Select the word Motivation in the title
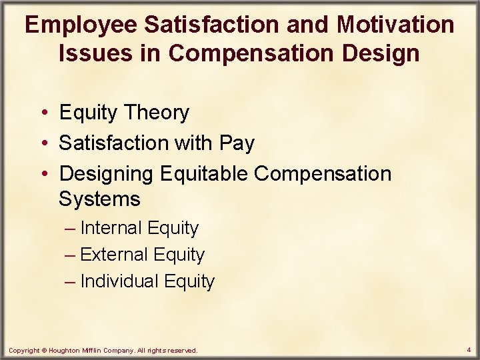point(396,25)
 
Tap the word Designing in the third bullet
point(107,173)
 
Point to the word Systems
point(99,199)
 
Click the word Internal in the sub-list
point(111,228)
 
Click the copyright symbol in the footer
point(45,350)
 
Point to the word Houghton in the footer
point(66,350)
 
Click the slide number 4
point(469,349)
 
